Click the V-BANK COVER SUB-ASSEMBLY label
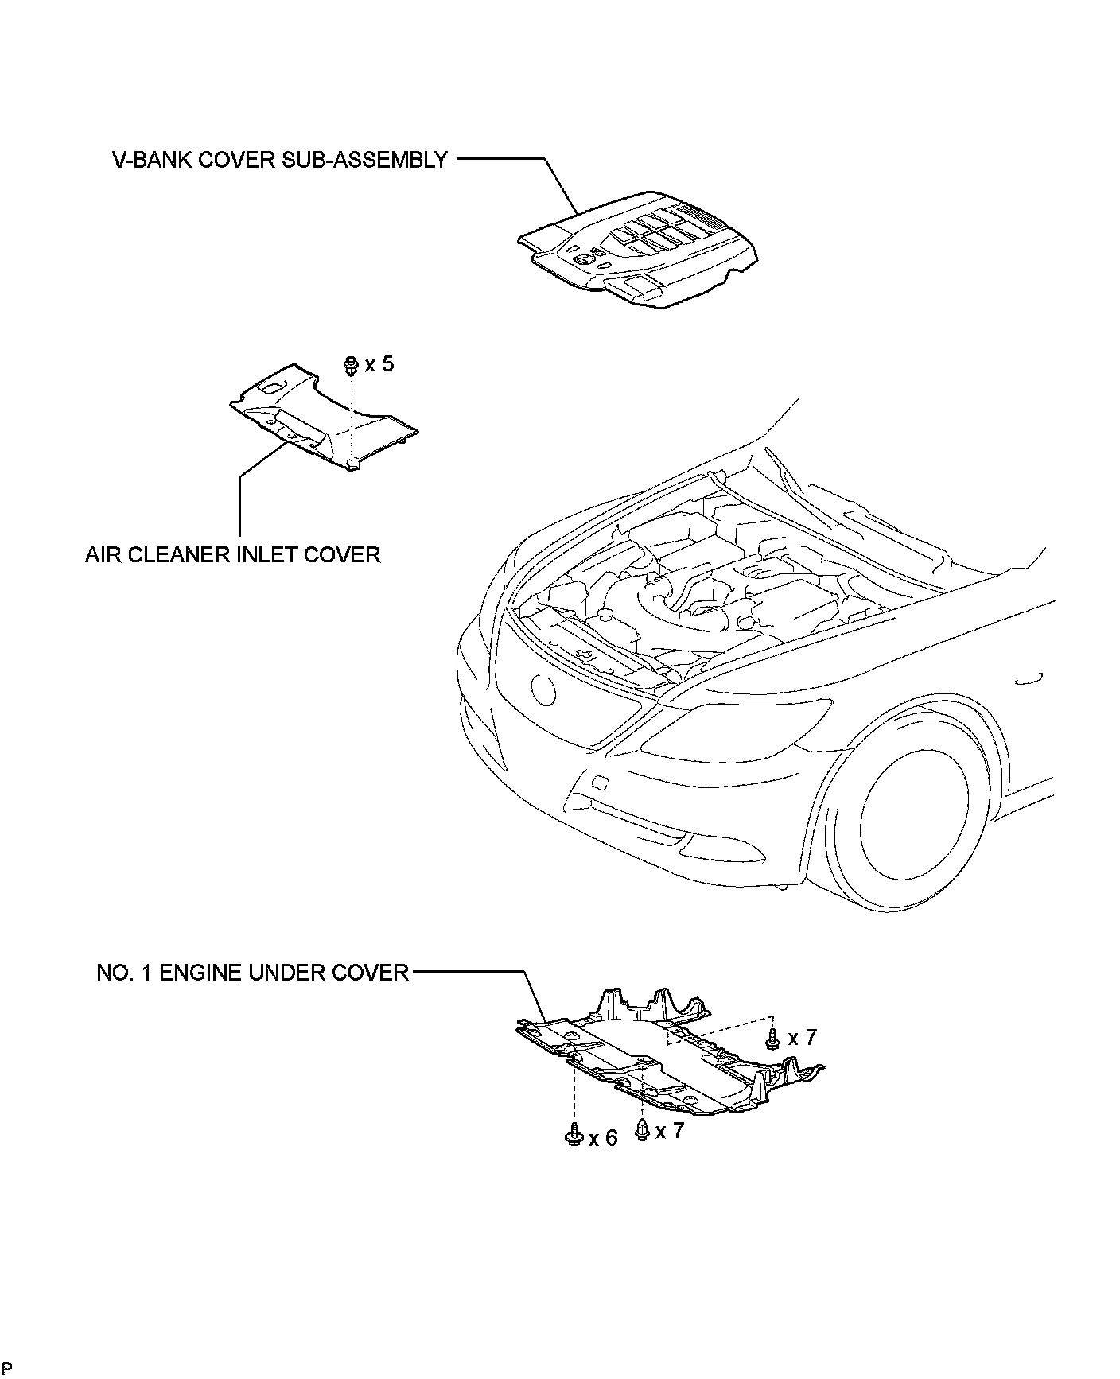pos(279,160)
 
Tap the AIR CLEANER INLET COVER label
pos(233,554)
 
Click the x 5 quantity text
pos(379,365)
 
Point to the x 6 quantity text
pos(602,1139)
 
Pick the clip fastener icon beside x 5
pos(350,366)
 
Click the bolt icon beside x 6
pos(573,1136)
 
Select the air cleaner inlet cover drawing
pos(322,418)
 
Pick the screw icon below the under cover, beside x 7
pos(642,1129)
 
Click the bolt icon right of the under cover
pos(772,1037)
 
